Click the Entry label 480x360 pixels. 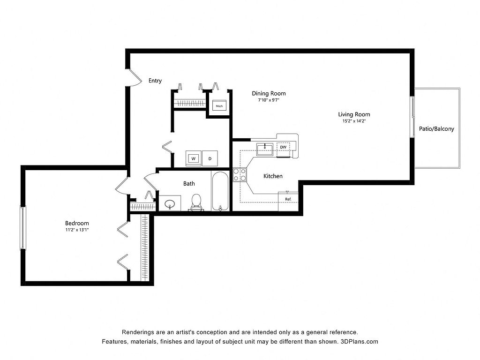pos(155,81)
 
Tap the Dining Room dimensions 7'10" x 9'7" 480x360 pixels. pos(269,100)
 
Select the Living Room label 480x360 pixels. pos(354,114)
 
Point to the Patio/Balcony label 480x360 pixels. pos(436,129)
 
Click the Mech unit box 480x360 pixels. pos(219,106)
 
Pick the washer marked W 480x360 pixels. pos(194,158)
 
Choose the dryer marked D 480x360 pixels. pos(210,158)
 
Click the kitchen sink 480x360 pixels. pos(265,149)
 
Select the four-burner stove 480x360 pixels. pos(240,175)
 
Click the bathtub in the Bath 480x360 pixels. pos(220,191)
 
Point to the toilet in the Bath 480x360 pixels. pos(196,203)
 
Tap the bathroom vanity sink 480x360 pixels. pos(170,203)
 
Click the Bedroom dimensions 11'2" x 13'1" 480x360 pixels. pos(77,230)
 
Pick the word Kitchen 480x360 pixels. pos(273,176)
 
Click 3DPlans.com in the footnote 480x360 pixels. pos(360,342)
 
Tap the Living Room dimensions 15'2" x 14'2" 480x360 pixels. pos(354,121)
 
